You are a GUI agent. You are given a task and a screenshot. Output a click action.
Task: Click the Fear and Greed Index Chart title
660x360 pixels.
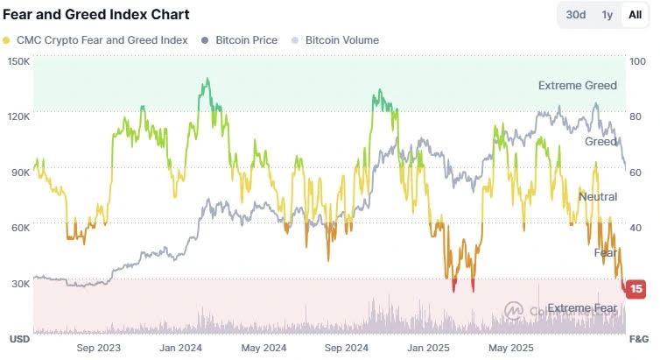[95, 15]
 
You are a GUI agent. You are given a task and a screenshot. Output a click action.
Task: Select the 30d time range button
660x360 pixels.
[576, 15]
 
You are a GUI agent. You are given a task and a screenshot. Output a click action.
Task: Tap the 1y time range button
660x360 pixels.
[607, 15]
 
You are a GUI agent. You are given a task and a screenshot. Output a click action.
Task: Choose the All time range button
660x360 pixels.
[634, 15]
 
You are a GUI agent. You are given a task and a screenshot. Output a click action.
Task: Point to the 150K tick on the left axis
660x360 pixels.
[18, 61]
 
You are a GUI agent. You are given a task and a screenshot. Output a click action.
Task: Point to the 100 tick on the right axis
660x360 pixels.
[638, 61]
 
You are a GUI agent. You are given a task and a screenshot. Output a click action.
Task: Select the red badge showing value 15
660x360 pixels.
[636, 288]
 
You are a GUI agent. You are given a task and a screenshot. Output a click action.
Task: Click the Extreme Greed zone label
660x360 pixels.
[577, 86]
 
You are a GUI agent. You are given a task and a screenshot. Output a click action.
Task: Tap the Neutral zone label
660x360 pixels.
[598, 197]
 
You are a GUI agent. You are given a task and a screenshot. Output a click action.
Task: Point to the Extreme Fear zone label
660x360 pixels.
[582, 307]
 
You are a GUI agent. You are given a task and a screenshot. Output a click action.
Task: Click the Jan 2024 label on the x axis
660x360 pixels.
[181, 348]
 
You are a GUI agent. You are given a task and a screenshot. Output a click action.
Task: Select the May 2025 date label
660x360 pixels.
[510, 348]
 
